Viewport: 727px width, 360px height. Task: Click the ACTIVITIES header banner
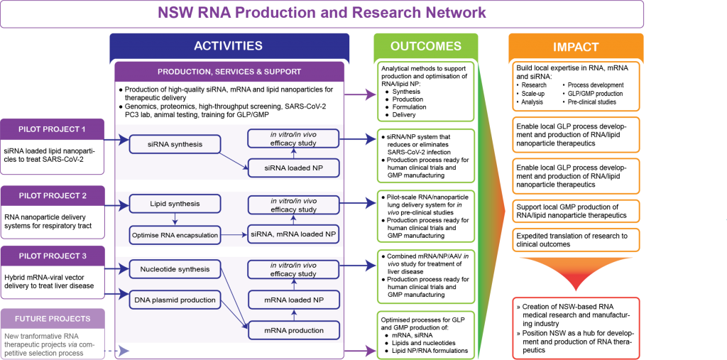pyautogui.click(x=229, y=46)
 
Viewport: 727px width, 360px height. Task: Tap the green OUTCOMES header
pyautogui.click(x=426, y=46)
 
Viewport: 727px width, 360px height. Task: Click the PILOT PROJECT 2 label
pyautogui.click(x=52, y=195)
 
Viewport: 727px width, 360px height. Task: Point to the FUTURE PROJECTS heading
pyautogui.click(x=52, y=320)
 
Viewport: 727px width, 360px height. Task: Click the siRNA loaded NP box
pyautogui.click(x=293, y=168)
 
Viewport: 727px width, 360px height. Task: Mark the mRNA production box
pyautogui.click(x=293, y=330)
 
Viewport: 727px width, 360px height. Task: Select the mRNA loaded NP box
pyautogui.click(x=293, y=300)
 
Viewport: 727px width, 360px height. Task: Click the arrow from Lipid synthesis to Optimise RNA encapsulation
pyautogui.click(x=173, y=219)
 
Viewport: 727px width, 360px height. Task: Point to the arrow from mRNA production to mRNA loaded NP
pyautogui.click(x=293, y=315)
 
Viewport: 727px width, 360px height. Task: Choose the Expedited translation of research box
pyautogui.click(x=576, y=240)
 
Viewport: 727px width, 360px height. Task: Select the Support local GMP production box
pyautogui.click(x=576, y=211)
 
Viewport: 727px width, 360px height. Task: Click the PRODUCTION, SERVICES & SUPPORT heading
pyautogui.click(x=229, y=72)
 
